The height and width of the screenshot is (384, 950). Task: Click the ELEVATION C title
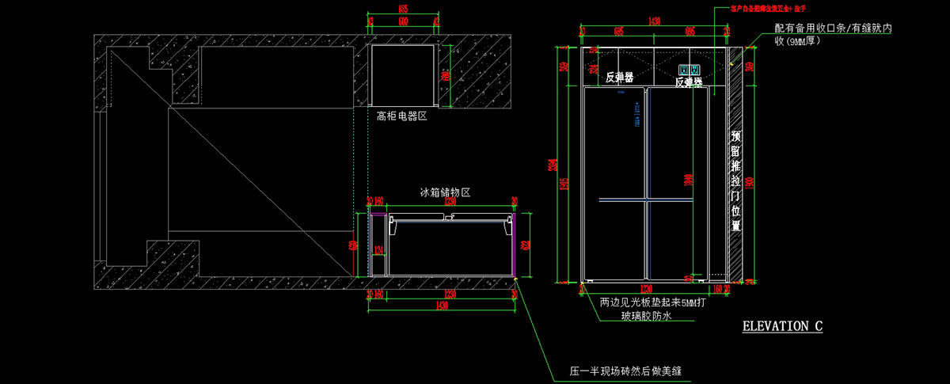[x=781, y=326]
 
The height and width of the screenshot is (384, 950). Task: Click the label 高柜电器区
[x=401, y=116]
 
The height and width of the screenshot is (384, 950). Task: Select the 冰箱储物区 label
[x=445, y=192]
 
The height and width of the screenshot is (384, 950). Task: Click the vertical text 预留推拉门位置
[x=735, y=181]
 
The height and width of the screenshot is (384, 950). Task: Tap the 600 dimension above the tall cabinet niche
[x=403, y=20]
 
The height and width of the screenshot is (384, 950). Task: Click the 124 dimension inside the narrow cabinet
[x=378, y=251]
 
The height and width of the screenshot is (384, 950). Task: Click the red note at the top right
[x=758, y=10]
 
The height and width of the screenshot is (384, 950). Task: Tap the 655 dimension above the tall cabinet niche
[x=403, y=9]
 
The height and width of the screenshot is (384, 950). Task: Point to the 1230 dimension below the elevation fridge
[x=646, y=289]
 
